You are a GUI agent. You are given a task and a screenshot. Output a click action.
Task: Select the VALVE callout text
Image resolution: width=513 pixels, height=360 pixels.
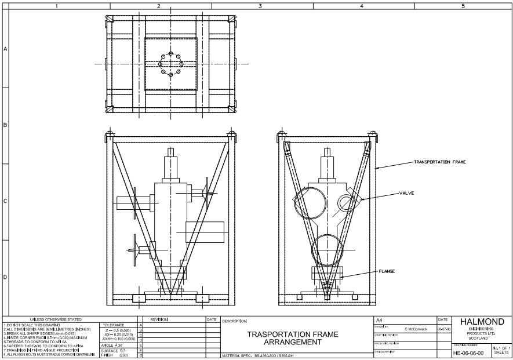(x=406, y=193)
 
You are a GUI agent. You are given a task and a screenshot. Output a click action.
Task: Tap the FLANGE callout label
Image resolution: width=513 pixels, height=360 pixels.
(x=387, y=271)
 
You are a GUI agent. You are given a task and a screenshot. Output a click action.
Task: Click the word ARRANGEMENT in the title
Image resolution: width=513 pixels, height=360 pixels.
(x=293, y=342)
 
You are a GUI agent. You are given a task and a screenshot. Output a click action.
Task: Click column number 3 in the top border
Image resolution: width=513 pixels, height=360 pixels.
(x=260, y=6)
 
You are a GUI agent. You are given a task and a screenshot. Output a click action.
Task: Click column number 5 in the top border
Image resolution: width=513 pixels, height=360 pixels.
(x=463, y=6)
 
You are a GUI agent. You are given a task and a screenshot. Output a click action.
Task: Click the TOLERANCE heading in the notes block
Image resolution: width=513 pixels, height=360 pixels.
(x=113, y=325)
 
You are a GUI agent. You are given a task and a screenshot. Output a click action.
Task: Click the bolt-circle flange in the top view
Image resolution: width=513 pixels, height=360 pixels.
(x=171, y=64)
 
